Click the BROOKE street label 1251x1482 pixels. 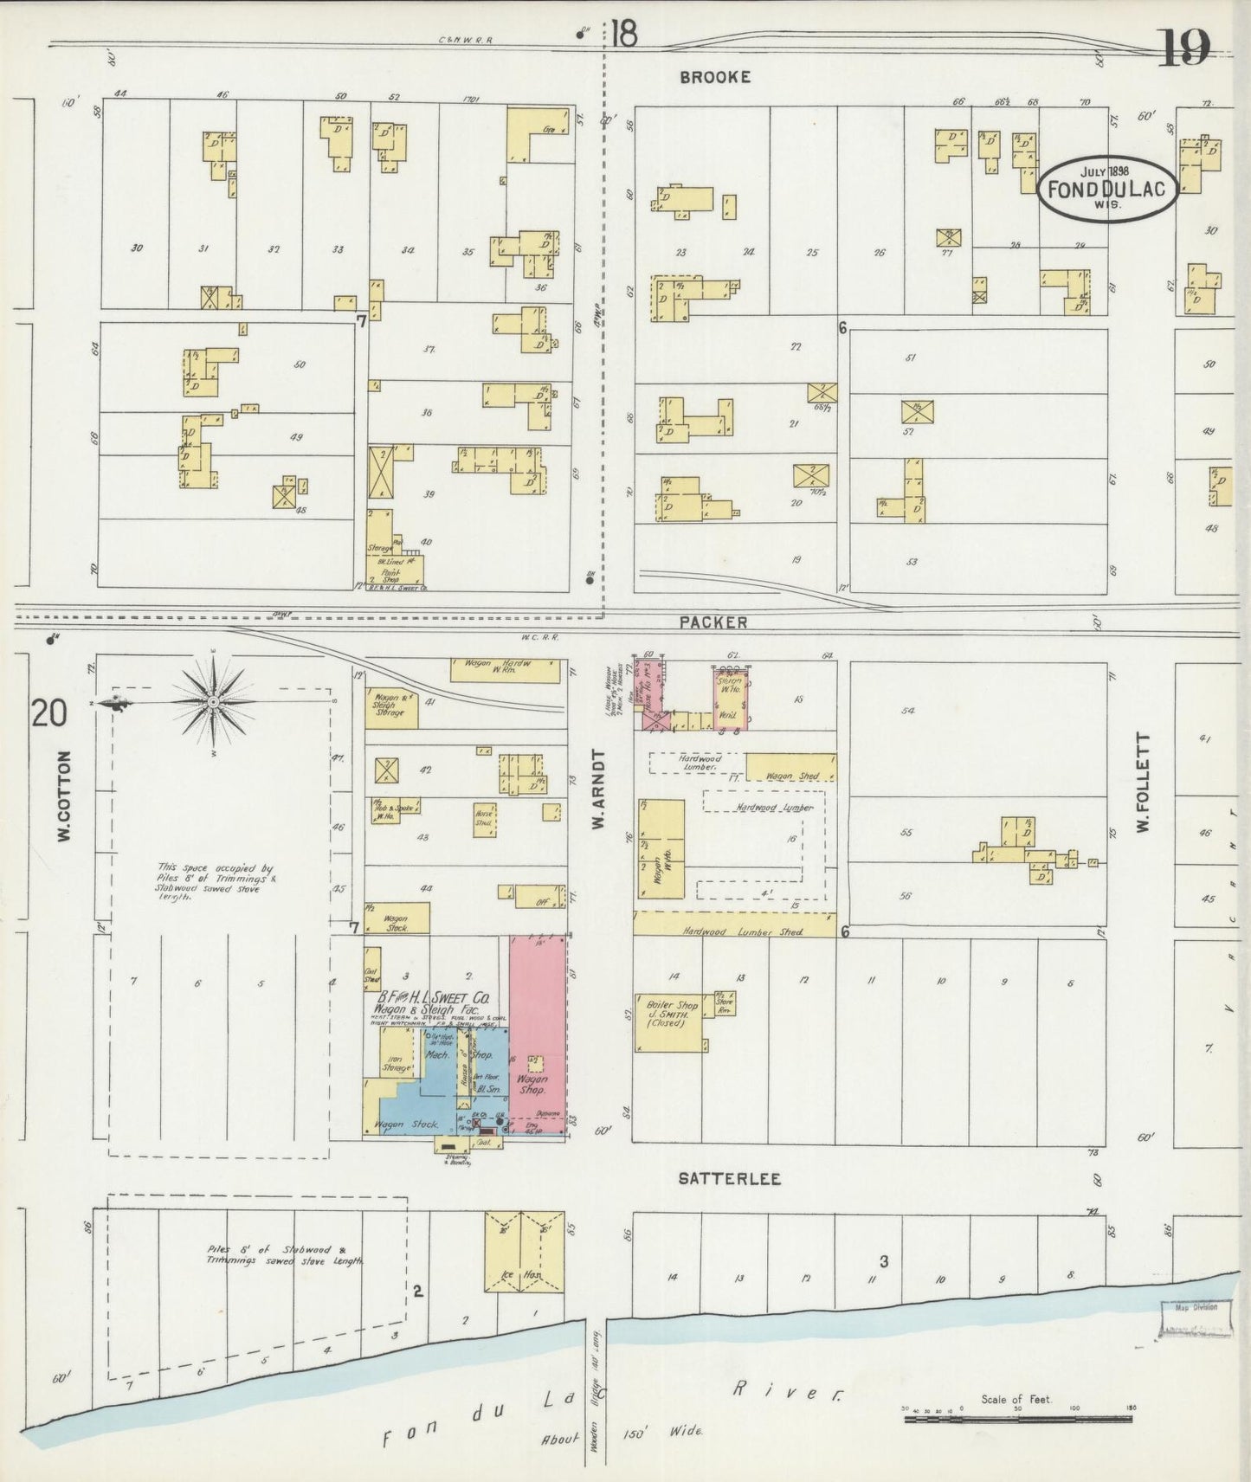714,77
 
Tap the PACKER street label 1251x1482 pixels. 713,622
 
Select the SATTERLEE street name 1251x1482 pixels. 729,1179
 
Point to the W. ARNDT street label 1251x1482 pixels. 596,789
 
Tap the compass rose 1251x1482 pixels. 212,703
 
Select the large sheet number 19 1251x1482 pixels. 1184,48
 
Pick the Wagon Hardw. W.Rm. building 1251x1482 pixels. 505,670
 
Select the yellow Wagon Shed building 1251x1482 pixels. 790,767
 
